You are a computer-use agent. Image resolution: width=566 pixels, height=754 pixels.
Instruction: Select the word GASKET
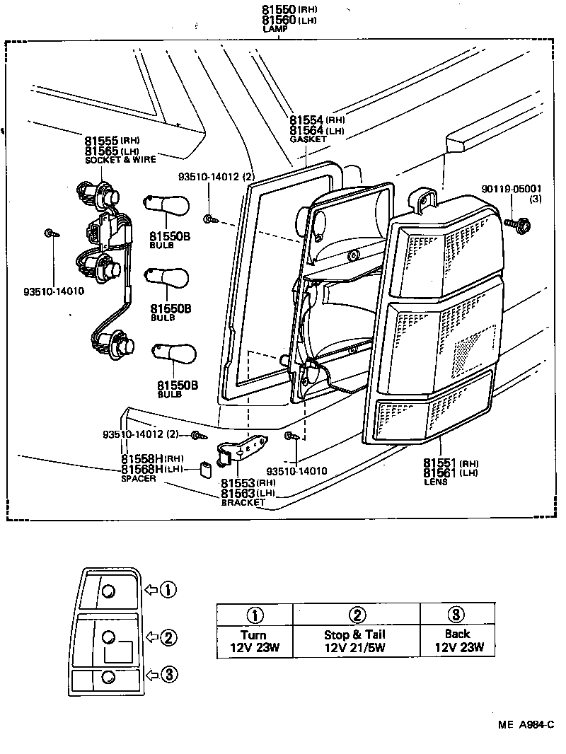tap(308, 140)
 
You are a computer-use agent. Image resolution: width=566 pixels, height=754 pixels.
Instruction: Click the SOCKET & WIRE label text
tap(120, 160)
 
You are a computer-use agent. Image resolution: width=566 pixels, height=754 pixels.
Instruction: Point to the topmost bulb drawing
tap(167, 205)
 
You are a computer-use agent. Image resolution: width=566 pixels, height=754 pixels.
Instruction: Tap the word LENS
tap(434, 482)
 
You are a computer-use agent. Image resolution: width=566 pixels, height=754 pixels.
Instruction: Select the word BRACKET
tap(243, 502)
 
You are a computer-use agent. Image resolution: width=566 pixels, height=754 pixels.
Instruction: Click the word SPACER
tap(139, 478)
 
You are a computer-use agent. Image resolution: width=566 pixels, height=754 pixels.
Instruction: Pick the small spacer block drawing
tap(207, 470)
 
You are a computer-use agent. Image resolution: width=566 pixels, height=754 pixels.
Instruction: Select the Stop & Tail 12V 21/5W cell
tap(355, 642)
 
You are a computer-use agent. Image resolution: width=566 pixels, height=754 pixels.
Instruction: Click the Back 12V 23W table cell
tap(457, 641)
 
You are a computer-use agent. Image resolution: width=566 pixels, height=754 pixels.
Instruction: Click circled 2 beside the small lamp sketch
tap(168, 637)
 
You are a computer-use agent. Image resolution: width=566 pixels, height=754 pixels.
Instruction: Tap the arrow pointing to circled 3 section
tap(151, 675)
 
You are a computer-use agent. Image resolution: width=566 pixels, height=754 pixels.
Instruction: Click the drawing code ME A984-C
tap(525, 724)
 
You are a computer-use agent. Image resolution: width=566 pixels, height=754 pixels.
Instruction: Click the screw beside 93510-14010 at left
tap(50, 233)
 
